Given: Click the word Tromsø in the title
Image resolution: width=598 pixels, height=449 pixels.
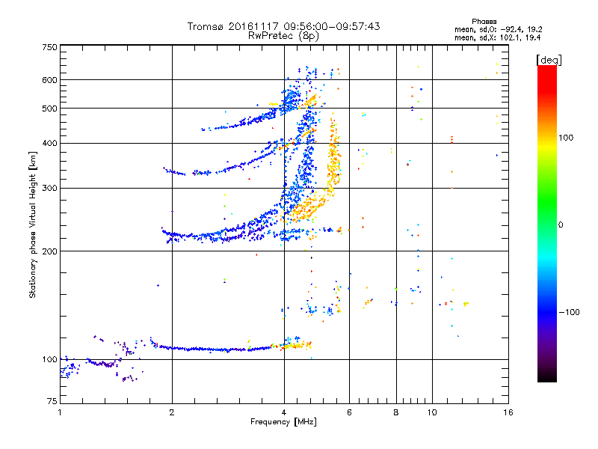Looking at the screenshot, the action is tap(206, 26).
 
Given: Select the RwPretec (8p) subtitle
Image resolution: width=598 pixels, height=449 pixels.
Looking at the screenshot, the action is tap(283, 36).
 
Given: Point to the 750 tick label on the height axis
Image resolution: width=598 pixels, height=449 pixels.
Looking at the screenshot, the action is tap(49, 47).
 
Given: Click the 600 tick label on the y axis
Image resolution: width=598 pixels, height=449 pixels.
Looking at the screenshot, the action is tap(49, 80).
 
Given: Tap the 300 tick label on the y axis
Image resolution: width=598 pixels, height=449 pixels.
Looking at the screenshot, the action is tap(49, 188).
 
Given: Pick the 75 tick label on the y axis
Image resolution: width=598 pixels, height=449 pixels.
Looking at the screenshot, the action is tap(52, 401).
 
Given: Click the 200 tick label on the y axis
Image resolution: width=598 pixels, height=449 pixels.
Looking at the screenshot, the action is tap(49, 251).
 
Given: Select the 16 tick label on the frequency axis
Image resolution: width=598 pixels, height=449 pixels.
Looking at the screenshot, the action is tap(508, 412).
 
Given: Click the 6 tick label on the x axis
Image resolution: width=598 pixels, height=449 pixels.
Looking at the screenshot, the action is tap(349, 412).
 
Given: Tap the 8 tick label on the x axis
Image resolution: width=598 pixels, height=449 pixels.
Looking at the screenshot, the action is tap(396, 412).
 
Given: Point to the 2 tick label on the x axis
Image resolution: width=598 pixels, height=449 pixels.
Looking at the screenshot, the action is tap(172, 412).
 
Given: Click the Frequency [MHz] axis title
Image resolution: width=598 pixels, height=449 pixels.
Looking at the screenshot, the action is tap(283, 422).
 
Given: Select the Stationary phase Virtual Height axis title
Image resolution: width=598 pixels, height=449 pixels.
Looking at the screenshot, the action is tap(33, 224).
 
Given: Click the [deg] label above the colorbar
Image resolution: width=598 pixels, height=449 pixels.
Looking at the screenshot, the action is tap(549, 60).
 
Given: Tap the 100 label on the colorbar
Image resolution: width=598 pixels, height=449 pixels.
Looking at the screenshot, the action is tap(566, 138).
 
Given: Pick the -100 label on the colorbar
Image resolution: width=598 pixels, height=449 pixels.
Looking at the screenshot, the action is tap(569, 312).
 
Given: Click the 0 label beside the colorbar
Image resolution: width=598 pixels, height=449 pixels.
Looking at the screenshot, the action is tap(561, 225).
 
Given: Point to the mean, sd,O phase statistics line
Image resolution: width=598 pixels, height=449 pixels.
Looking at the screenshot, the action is tap(499, 29).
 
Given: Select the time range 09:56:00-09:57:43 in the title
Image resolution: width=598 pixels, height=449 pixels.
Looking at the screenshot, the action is tap(332, 26).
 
